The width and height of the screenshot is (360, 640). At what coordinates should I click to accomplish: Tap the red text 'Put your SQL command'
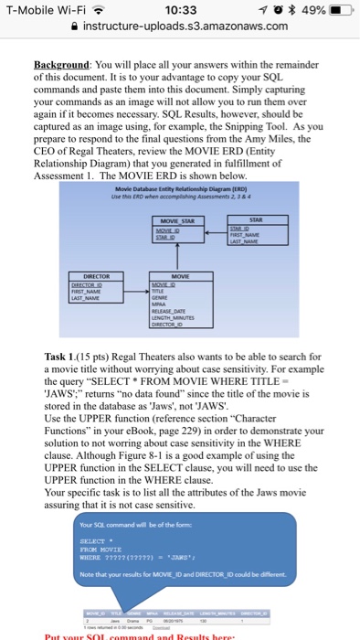[x=101, y=634]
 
